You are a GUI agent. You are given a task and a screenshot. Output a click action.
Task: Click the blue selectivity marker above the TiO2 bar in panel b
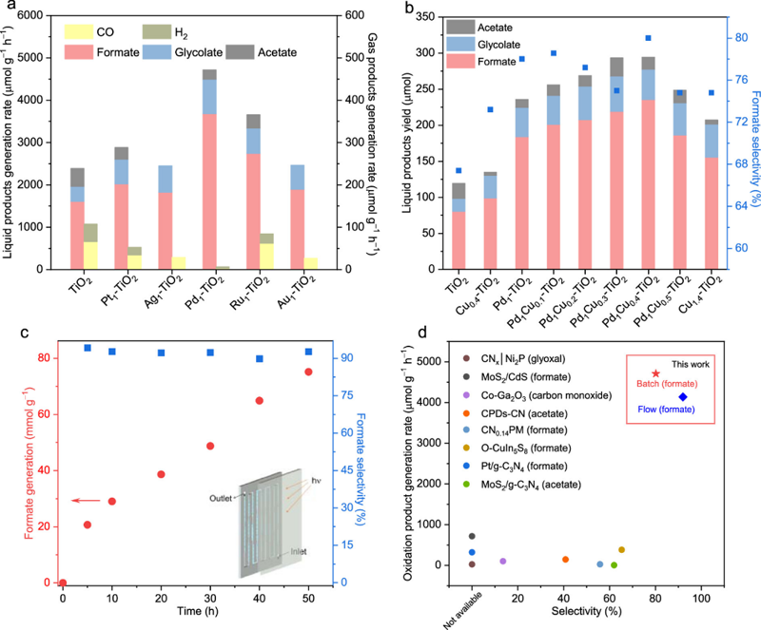[459, 170]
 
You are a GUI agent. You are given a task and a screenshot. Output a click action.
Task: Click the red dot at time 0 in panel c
[63, 582]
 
